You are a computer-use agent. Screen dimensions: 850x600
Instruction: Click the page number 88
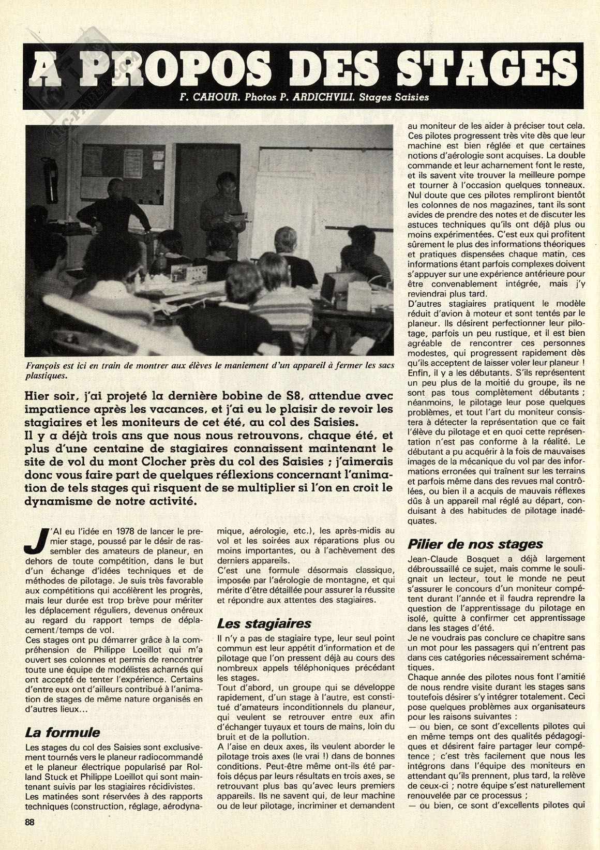click(30, 837)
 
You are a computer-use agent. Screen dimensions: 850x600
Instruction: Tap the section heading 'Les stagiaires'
click(264, 623)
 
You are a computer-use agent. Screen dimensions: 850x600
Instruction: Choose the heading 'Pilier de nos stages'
click(475, 544)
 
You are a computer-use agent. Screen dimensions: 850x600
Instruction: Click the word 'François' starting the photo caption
click(44, 365)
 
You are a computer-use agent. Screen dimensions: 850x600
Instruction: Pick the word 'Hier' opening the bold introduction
click(38, 396)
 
